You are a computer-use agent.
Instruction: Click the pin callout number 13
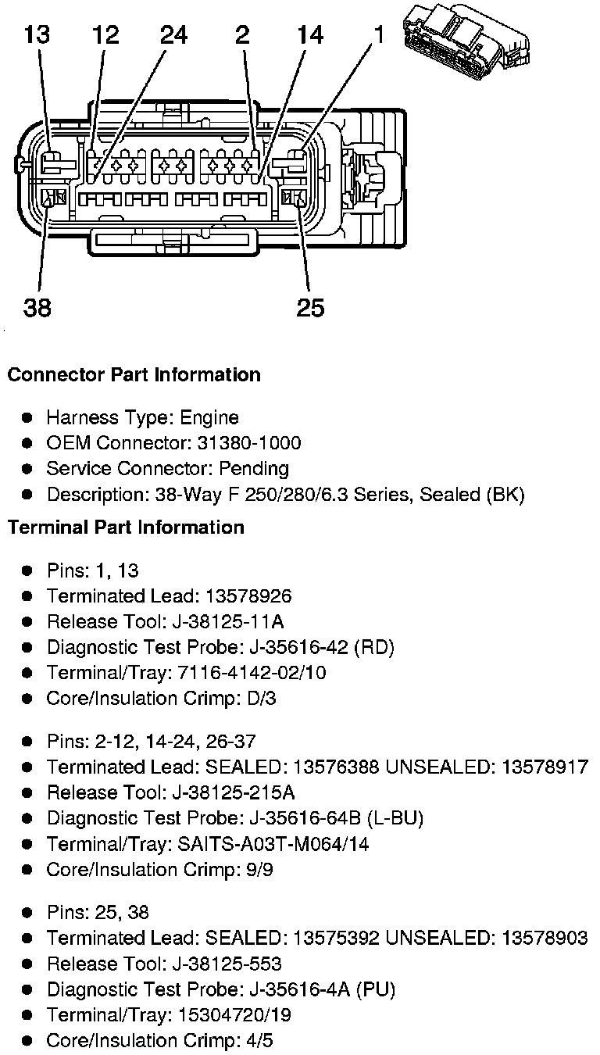pos(37,36)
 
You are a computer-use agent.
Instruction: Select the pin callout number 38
pos(37,308)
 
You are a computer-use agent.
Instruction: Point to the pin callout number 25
pos(310,308)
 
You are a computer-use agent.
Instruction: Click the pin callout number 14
pos(310,36)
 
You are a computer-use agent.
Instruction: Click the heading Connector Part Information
pos(134,375)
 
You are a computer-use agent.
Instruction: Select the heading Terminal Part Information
pos(126,527)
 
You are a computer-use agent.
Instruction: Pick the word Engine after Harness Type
pos(208,417)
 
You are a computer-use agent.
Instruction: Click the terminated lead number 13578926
pos(248,596)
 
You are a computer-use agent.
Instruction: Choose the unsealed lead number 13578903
pos(545,938)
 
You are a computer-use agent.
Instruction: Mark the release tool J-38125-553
pos(226,964)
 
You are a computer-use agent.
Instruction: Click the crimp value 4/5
pos(259,1041)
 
